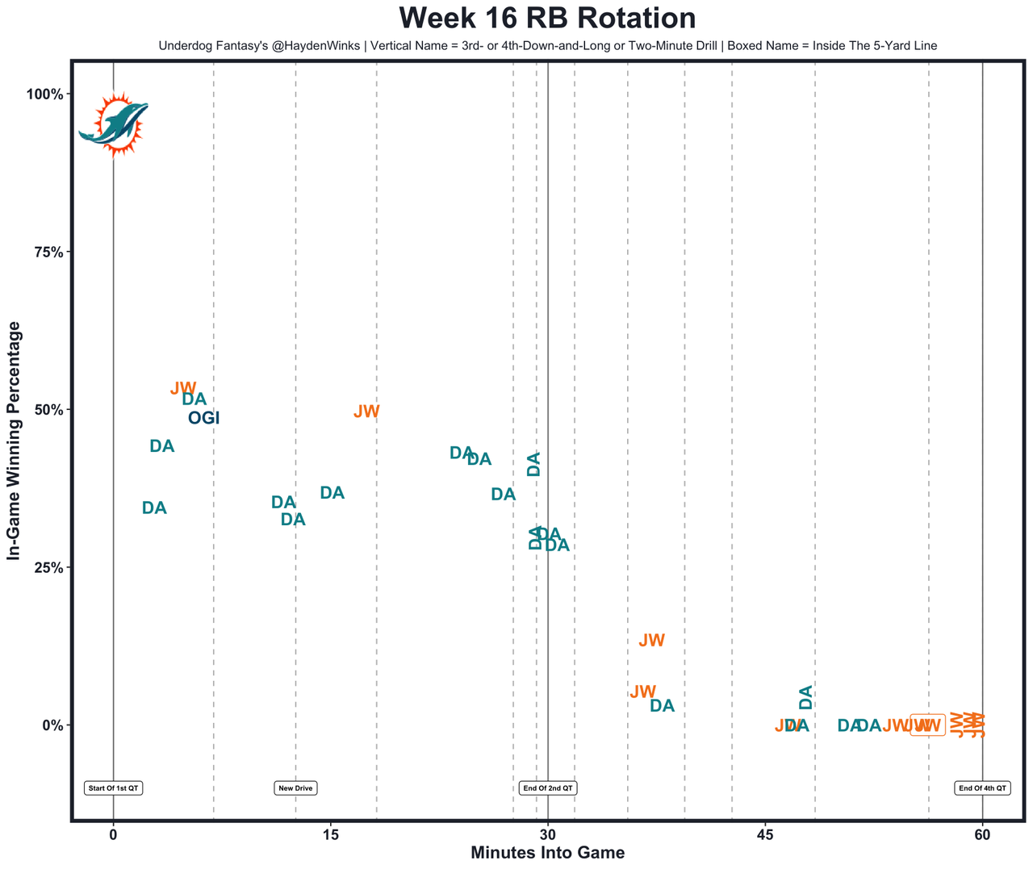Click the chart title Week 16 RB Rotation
coord(547,19)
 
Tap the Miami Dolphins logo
coord(114,124)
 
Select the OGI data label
coord(203,418)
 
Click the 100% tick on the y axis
coord(44,94)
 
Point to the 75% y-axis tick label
coord(47,252)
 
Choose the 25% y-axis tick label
coord(47,567)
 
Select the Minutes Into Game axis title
coord(547,853)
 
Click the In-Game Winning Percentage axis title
coord(14,441)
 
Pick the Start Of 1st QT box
coord(114,788)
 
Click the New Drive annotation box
coord(295,788)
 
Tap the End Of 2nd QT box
coord(548,788)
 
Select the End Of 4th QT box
coord(982,788)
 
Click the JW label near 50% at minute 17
coord(366,412)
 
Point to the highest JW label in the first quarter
coord(183,389)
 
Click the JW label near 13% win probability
coord(651,641)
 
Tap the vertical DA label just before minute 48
coord(805,697)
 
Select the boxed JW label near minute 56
coord(927,725)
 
